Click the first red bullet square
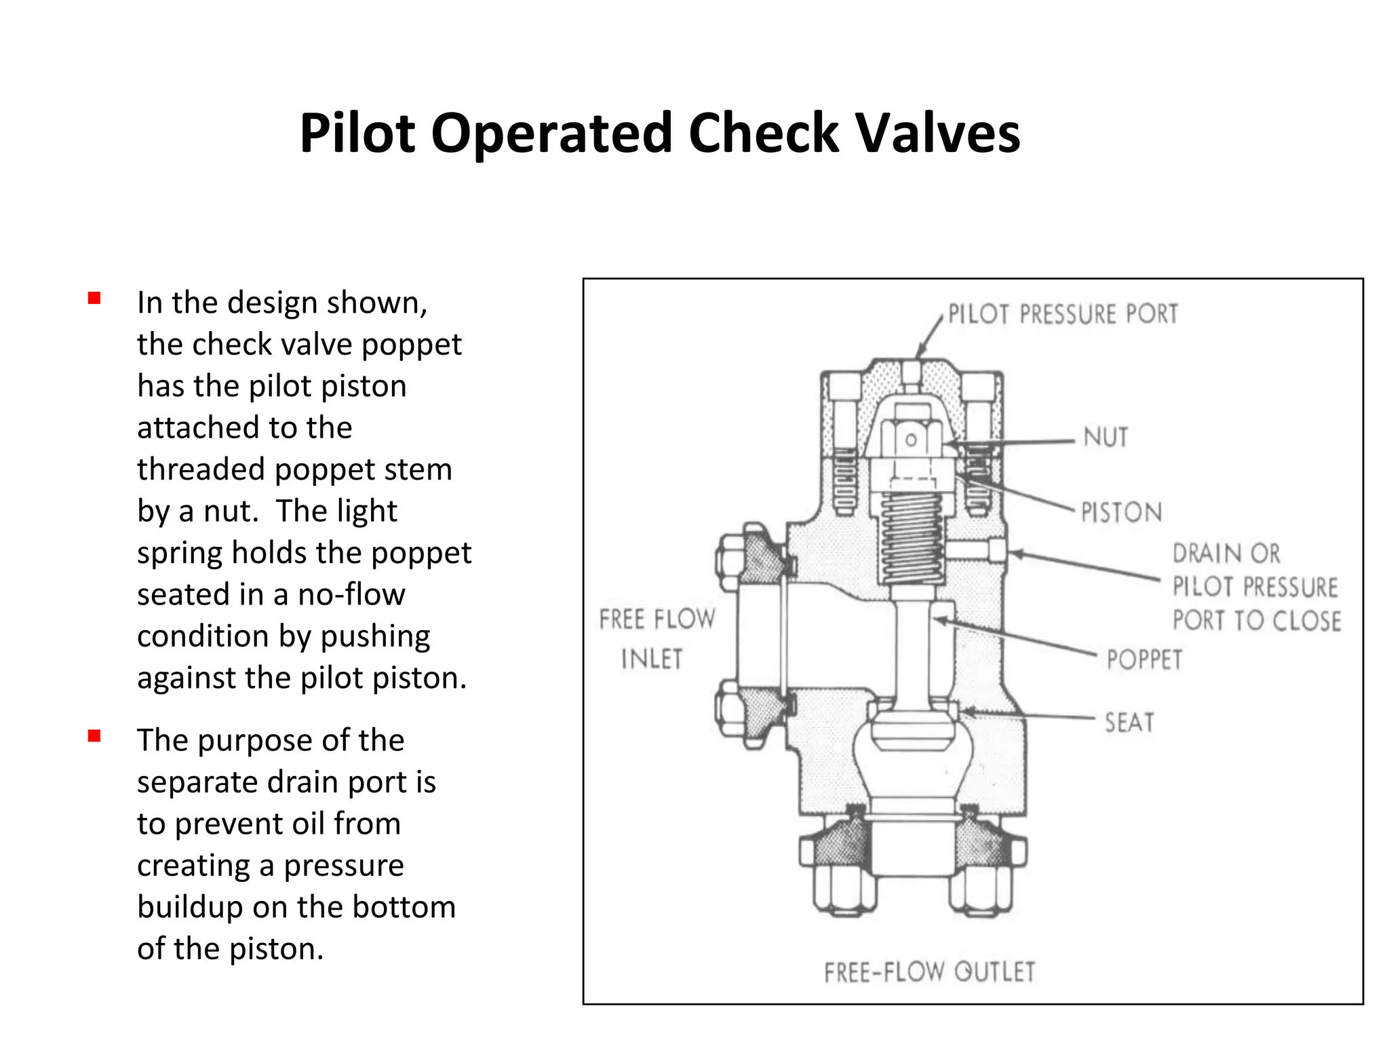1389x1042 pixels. pyautogui.click(x=94, y=298)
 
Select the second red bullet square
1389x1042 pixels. pyautogui.click(x=94, y=736)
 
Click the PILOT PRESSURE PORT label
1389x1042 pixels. pyautogui.click(x=1063, y=314)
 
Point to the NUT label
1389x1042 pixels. pyautogui.click(x=1106, y=438)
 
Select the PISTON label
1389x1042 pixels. pyautogui.click(x=1121, y=512)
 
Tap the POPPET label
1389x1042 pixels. pyautogui.click(x=1144, y=659)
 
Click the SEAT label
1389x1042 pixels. pyautogui.click(x=1129, y=722)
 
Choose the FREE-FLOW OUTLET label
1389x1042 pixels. pyautogui.click(x=930, y=972)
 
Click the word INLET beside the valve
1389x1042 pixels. pyautogui.click(x=652, y=659)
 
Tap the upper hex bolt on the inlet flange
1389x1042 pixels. pyautogui.click(x=736, y=558)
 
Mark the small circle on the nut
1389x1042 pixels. pyautogui.click(x=912, y=440)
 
